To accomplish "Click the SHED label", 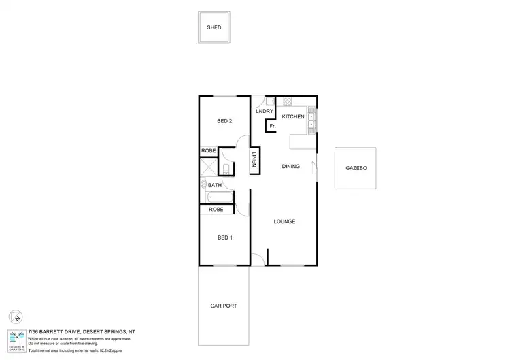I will pyautogui.click(x=214, y=28).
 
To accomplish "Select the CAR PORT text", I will pyautogui.click(x=224, y=306).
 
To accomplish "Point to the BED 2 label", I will pyautogui.click(x=225, y=121).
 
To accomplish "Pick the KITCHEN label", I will pyautogui.click(x=293, y=117).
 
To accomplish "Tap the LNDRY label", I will pyautogui.click(x=264, y=111).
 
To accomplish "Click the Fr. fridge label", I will pyautogui.click(x=273, y=126).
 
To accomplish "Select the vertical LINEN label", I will pyautogui.click(x=254, y=161).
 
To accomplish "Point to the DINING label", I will pyautogui.click(x=291, y=166).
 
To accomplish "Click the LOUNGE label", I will pyautogui.click(x=284, y=222).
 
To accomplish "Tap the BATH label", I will pyautogui.click(x=215, y=185).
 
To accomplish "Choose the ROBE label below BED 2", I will pyautogui.click(x=209, y=151).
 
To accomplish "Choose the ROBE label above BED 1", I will pyautogui.click(x=216, y=210).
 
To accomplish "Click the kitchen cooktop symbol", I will pyautogui.click(x=288, y=101).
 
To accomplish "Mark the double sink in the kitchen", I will pyautogui.click(x=311, y=120).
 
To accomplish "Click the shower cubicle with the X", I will pyautogui.click(x=208, y=168).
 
